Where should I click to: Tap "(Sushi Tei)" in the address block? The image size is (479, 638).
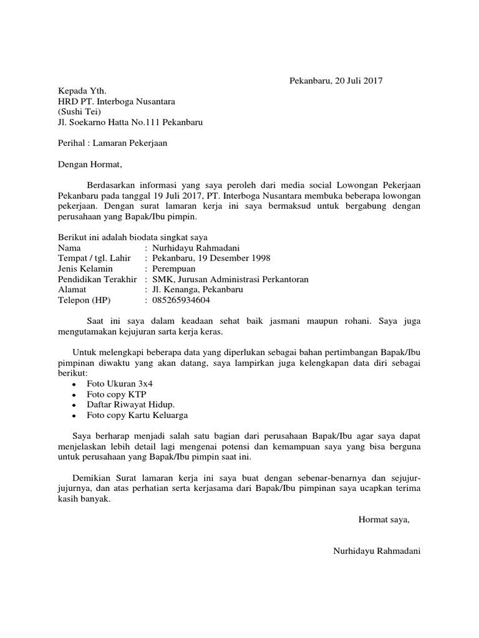[79, 112]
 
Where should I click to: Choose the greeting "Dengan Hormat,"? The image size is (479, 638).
[90, 165]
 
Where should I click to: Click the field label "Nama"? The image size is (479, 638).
[69, 247]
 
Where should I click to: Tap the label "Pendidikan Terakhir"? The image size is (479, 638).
[97, 279]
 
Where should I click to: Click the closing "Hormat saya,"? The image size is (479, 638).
[384, 520]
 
